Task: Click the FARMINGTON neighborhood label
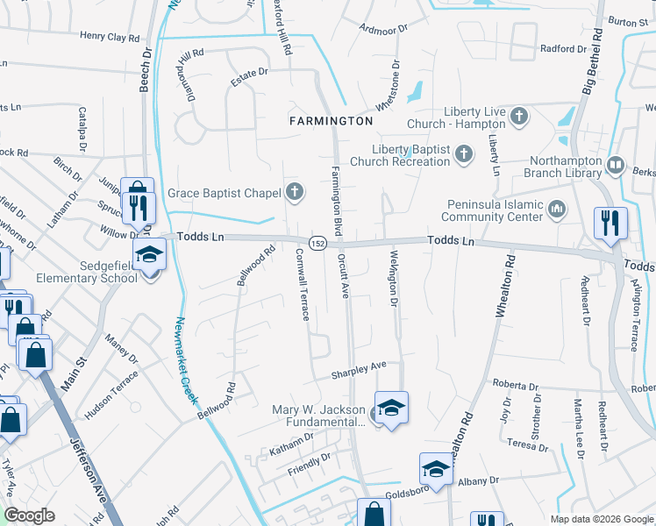(x=332, y=120)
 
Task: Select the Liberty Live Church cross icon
(x=519, y=115)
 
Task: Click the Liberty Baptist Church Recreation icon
(x=464, y=155)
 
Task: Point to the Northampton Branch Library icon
(x=616, y=165)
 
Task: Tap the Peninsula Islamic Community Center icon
(x=555, y=209)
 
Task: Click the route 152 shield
(x=316, y=243)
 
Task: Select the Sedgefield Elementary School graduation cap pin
(x=149, y=254)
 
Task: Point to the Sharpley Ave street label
(x=359, y=370)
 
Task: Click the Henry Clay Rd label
(x=110, y=38)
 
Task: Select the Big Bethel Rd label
(x=593, y=61)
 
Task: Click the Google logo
(x=30, y=515)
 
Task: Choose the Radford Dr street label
(x=562, y=49)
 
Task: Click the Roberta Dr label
(x=515, y=386)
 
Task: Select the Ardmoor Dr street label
(x=383, y=28)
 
